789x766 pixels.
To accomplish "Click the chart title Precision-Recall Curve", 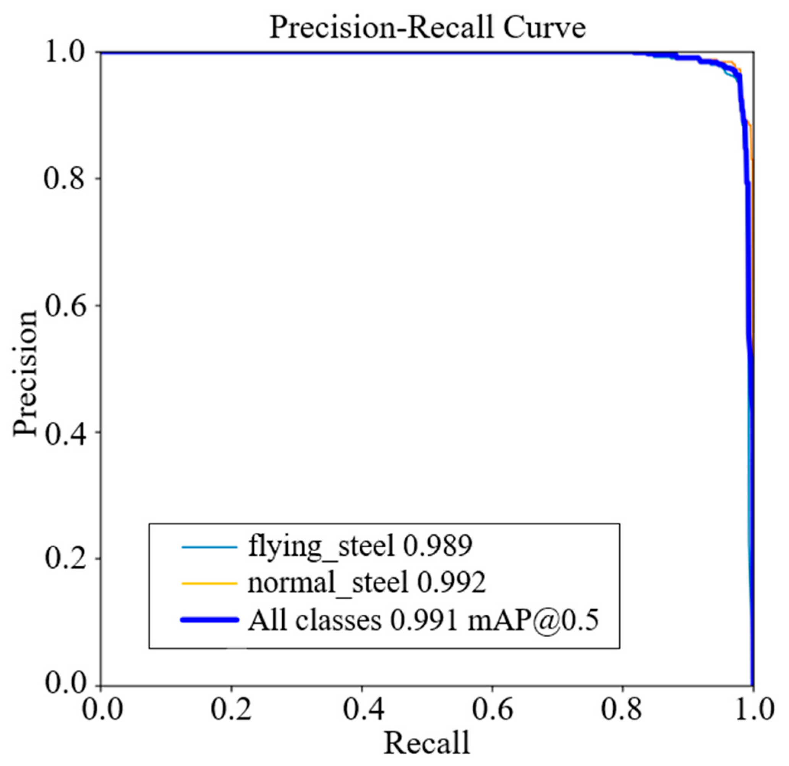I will coord(427,28).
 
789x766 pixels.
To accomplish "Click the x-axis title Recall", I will coord(427,743).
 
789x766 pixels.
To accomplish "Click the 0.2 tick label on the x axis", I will coord(231,709).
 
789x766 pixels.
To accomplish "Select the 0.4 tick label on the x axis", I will coord(362,709).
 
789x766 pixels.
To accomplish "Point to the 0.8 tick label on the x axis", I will coord(622,709).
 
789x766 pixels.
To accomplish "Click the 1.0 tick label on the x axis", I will coord(752,709).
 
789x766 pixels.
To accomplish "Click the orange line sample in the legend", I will coord(209,583).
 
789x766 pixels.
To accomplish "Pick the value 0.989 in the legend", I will coord(437,547).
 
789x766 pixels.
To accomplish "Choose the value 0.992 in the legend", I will coord(451,583).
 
